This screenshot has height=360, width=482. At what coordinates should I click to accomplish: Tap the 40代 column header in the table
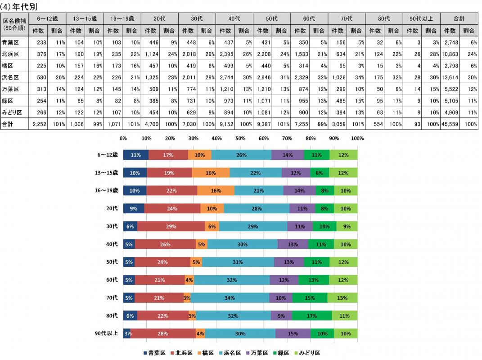(x=234, y=19)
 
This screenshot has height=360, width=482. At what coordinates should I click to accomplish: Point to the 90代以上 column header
(x=421, y=19)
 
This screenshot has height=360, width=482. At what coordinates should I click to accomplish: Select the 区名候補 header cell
(x=14, y=24)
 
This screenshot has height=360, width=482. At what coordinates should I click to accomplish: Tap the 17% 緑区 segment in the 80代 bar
(x=311, y=315)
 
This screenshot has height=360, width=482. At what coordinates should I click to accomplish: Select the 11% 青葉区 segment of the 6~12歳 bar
(x=135, y=155)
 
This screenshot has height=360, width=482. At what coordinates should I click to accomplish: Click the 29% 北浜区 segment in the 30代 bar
(x=171, y=226)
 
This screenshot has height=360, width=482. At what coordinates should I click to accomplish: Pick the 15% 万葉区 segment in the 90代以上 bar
(x=293, y=333)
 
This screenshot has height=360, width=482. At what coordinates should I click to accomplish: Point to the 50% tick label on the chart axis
(x=240, y=139)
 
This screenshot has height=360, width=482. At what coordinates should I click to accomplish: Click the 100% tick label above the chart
(x=357, y=139)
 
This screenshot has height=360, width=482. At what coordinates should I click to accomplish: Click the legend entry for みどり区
(x=306, y=353)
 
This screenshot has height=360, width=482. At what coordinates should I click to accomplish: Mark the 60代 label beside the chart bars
(x=112, y=279)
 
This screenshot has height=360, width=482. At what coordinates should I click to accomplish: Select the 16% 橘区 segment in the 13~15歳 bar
(x=211, y=173)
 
